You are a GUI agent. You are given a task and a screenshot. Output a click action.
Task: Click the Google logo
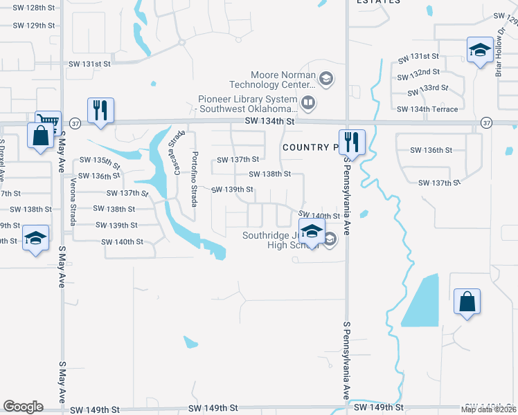[x=23, y=407]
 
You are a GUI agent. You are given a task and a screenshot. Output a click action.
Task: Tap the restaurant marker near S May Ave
[x=101, y=111]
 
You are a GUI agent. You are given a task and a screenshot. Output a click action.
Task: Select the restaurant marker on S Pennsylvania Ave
[x=352, y=142]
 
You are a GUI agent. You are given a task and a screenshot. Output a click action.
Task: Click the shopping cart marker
[x=48, y=122]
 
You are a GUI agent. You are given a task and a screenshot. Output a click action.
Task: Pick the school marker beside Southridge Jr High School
[x=312, y=232]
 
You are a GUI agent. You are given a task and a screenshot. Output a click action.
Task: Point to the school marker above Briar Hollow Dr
[x=479, y=50]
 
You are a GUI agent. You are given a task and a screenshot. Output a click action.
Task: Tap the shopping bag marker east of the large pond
[x=467, y=302]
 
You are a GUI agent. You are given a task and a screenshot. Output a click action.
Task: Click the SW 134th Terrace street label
[x=427, y=109]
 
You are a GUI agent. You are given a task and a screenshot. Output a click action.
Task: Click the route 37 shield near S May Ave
[x=75, y=122]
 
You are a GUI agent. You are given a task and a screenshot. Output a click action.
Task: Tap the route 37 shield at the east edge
[x=487, y=122]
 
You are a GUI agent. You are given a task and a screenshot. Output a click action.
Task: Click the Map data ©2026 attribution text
[x=489, y=409]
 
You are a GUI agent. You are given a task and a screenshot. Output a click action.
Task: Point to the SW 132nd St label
[x=419, y=73]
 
